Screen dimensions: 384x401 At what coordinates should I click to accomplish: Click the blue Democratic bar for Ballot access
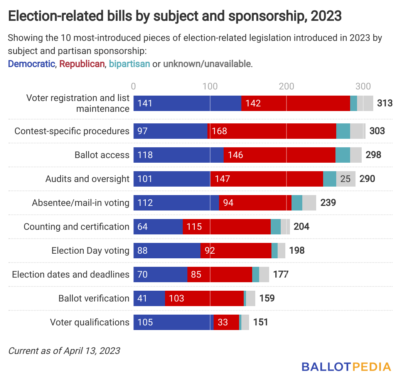pos(178,155)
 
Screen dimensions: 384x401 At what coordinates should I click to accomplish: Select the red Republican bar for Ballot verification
pos(204,298)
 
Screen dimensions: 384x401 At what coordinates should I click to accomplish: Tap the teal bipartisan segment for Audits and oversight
pos(329,179)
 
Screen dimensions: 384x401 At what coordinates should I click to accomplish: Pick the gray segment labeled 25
pos(345,179)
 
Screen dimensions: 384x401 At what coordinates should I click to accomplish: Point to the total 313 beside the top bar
pos(385,103)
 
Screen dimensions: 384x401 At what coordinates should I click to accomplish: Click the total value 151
pos(260,322)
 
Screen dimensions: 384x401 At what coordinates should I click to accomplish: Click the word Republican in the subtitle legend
pos(82,64)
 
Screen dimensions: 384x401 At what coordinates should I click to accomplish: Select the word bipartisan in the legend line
pos(130,64)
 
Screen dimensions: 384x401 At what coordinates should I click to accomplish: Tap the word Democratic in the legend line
pos(32,64)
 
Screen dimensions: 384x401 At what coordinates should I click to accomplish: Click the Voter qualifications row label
pos(89,322)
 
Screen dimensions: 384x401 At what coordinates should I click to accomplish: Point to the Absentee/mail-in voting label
pos(81,203)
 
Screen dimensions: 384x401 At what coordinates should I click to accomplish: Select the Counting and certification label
pos(76,227)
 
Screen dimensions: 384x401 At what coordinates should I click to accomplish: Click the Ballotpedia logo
pos(346,366)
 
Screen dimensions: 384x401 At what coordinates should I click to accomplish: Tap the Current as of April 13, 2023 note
pos(64,351)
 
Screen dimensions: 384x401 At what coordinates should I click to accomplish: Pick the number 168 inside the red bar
pos(219,131)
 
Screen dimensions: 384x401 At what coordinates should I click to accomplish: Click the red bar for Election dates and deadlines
pos(220,275)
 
